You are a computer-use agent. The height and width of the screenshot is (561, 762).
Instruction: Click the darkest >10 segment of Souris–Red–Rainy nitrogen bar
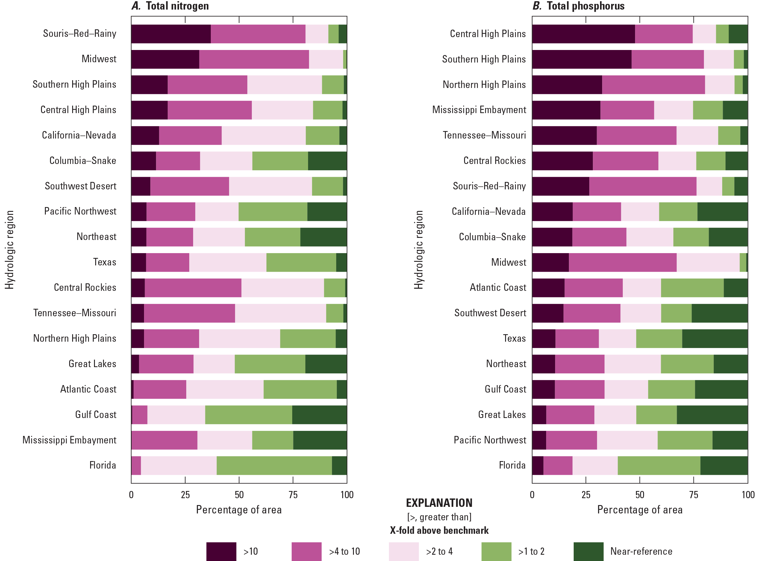click(171, 34)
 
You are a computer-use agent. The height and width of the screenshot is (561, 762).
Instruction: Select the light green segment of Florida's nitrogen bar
click(274, 465)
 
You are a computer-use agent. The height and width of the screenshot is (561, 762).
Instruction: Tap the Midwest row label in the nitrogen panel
click(99, 59)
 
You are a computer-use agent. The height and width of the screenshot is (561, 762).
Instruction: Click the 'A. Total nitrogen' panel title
click(170, 6)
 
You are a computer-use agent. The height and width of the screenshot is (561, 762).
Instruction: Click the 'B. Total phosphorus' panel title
click(578, 6)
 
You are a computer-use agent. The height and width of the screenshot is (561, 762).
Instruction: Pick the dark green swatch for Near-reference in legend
click(588, 551)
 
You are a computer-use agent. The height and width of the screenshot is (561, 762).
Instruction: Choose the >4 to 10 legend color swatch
click(306, 551)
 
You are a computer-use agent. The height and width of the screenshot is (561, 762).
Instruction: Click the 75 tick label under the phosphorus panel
click(693, 495)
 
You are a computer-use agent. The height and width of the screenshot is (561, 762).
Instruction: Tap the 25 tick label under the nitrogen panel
click(185, 495)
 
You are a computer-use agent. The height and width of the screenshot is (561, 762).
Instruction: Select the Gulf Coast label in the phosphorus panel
click(505, 389)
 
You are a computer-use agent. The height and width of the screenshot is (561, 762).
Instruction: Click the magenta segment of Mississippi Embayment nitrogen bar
click(164, 440)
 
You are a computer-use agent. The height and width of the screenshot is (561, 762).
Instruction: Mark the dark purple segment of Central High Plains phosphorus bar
click(583, 34)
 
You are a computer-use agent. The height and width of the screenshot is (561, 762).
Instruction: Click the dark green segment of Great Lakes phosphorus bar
click(712, 415)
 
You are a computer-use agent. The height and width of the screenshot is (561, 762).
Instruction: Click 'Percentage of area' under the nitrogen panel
click(239, 510)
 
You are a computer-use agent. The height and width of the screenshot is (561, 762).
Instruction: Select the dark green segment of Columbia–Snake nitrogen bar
click(327, 161)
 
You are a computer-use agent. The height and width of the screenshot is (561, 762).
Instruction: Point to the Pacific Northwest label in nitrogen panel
click(80, 211)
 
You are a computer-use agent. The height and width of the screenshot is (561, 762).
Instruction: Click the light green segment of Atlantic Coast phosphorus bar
click(692, 288)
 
